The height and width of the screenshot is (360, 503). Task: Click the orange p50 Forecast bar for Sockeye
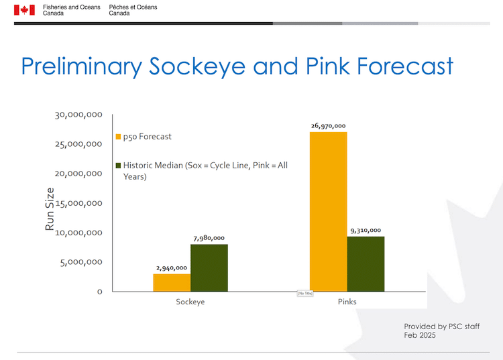[x=172, y=282]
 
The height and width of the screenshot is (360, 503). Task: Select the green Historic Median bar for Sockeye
[x=209, y=267]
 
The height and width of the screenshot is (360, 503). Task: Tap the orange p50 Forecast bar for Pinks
[x=328, y=211]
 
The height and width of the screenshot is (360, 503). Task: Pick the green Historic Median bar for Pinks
[x=366, y=263]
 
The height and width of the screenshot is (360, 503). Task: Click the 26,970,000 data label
[x=328, y=125]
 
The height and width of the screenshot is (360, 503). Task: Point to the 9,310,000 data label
[x=366, y=230]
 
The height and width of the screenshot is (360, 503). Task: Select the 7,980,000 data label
[x=209, y=237]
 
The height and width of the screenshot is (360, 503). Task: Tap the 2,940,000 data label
[x=172, y=267]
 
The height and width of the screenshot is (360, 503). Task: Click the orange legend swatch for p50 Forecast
[x=119, y=137]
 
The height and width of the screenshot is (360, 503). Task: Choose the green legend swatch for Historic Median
[x=119, y=166]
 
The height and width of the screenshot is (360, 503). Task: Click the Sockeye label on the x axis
[x=190, y=302]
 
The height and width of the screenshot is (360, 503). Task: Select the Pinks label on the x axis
[x=347, y=302]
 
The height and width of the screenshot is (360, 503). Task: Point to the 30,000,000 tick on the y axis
[x=78, y=115]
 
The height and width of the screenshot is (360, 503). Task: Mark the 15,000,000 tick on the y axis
[x=78, y=203]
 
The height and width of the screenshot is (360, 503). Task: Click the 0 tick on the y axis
[x=99, y=292]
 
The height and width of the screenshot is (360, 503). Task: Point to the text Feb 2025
[x=419, y=335]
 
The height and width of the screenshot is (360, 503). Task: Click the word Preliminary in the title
[x=80, y=66]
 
